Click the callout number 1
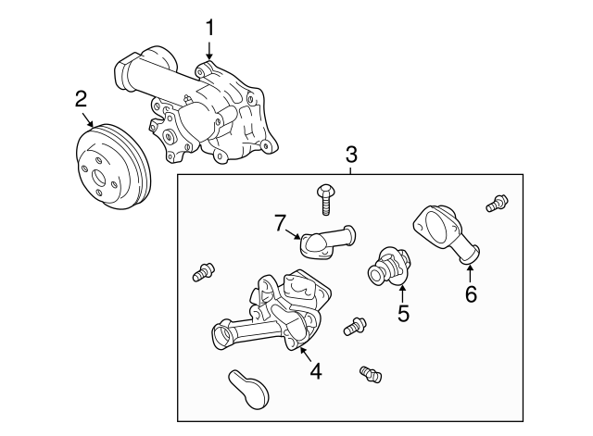pyautogui.click(x=209, y=27)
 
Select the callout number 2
pyautogui.click(x=82, y=99)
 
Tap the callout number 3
pyautogui.click(x=351, y=154)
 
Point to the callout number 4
pyautogui.click(x=315, y=371)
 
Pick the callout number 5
pyautogui.click(x=403, y=313)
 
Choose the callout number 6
pyautogui.click(x=470, y=294)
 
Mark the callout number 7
pyautogui.click(x=279, y=222)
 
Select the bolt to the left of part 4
pyautogui.click(x=202, y=272)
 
